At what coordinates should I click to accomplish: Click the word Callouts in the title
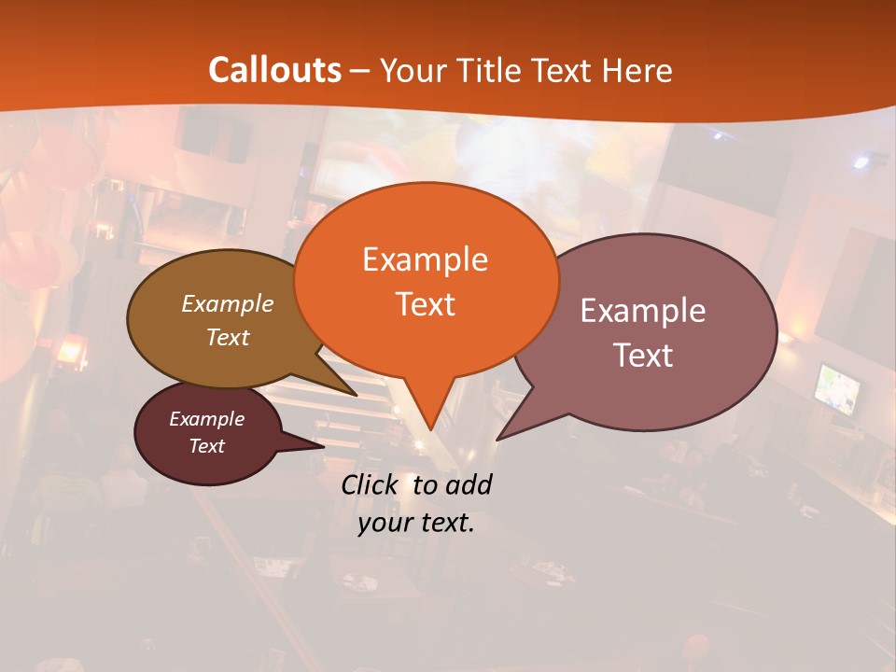pyautogui.click(x=274, y=70)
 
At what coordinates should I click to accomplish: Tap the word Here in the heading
pyautogui.click(x=637, y=70)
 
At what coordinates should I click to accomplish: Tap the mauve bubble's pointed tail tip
pyautogui.click(x=499, y=437)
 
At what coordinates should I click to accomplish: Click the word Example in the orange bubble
pyautogui.click(x=425, y=259)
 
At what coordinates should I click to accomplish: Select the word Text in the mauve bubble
pyautogui.click(x=643, y=356)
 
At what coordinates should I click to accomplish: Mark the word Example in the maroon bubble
pyautogui.click(x=206, y=419)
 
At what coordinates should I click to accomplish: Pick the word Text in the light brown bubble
pyautogui.click(x=228, y=337)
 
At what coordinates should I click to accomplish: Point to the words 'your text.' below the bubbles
pyautogui.click(x=416, y=523)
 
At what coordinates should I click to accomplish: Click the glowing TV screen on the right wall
pyautogui.click(x=837, y=388)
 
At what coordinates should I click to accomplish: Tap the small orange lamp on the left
pyautogui.click(x=70, y=351)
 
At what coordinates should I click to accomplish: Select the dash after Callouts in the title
pyautogui.click(x=360, y=71)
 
